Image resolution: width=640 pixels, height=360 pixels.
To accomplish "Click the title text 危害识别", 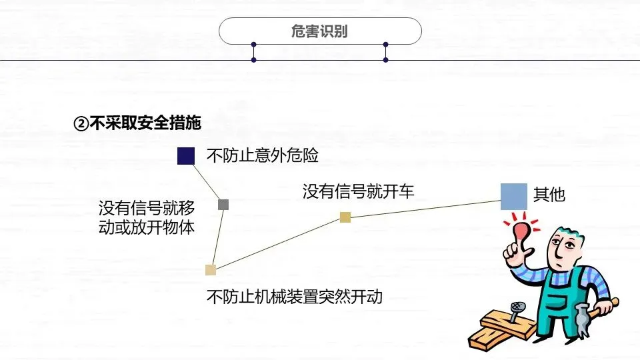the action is (x=320, y=31).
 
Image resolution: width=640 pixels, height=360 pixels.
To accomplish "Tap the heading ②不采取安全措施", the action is (x=137, y=123).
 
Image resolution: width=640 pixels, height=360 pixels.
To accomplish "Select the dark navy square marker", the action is (x=186, y=155).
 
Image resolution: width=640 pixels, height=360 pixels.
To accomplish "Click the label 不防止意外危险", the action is (x=263, y=155).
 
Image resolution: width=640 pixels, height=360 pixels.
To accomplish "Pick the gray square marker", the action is (x=223, y=205).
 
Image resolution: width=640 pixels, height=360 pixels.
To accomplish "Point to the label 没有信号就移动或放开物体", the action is (x=147, y=218).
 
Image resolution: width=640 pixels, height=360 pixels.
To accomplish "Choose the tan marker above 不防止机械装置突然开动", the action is (x=211, y=270).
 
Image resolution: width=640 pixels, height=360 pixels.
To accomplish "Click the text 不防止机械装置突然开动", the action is (x=295, y=296).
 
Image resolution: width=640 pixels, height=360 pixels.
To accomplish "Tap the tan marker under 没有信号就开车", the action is (x=345, y=217).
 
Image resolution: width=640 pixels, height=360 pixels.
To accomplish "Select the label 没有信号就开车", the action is (x=358, y=192).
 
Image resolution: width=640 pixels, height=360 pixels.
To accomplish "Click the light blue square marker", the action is (x=514, y=197).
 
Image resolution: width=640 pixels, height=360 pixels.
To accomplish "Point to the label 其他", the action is (x=549, y=195).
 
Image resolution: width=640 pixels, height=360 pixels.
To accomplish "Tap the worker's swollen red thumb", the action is (x=519, y=230).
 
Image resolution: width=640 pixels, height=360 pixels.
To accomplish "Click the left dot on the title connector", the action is (x=254, y=45).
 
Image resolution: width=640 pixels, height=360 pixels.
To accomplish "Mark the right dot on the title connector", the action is (x=385, y=45).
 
